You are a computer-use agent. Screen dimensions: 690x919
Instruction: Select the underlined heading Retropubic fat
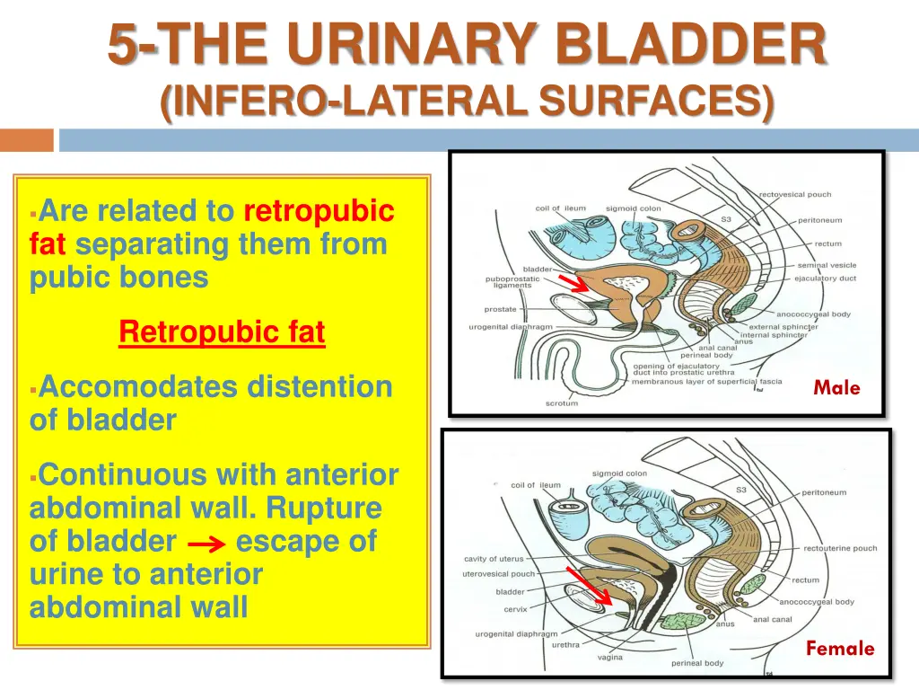pos(222,332)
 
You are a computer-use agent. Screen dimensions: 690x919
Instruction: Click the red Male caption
pos(836,388)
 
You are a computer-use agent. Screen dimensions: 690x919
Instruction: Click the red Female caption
pos(839,648)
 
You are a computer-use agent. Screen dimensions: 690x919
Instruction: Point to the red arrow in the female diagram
pos(589,586)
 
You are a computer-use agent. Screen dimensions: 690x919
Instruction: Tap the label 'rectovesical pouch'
pos(795,194)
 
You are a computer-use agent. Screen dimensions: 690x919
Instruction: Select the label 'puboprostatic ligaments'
pos(512,282)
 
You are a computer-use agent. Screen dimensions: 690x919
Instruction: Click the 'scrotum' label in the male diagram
pos(562,403)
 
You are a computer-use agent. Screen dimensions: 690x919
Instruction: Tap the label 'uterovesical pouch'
pos(498,573)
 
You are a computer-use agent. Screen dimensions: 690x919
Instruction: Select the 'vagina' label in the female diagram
pos(610,657)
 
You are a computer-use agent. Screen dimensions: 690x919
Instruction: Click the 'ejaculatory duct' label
pos(825,279)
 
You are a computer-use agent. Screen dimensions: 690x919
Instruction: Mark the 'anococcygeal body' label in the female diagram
pos(817,602)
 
